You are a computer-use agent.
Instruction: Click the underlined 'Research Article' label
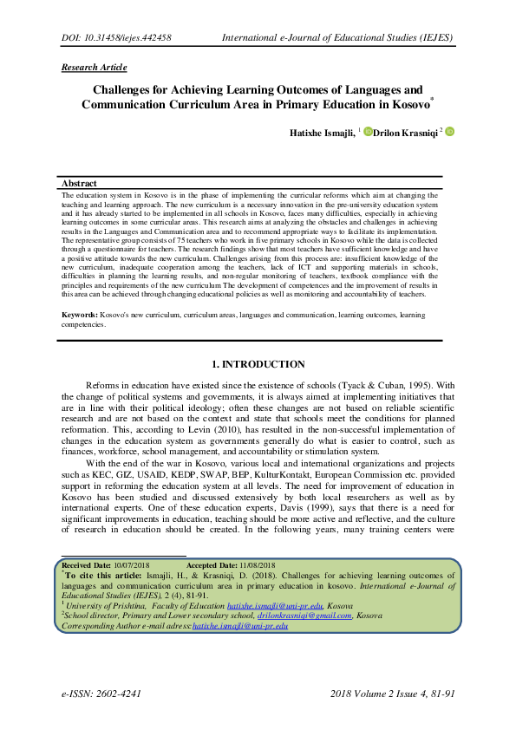(x=94, y=67)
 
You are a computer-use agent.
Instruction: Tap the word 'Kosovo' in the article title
(x=405, y=105)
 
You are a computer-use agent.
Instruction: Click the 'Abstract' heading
(x=80, y=183)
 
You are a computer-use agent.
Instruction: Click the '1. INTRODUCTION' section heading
(x=258, y=364)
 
